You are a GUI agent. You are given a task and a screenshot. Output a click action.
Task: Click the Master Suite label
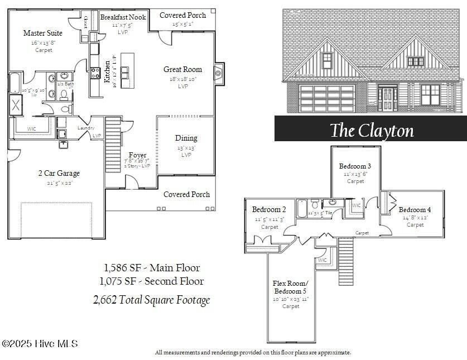click(42, 33)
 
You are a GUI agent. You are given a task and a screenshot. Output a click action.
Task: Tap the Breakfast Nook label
click(123, 17)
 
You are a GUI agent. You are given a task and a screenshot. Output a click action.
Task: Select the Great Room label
click(182, 70)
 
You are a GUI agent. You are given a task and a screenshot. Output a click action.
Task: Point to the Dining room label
click(186, 138)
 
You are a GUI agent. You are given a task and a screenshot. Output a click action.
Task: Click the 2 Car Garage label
click(59, 173)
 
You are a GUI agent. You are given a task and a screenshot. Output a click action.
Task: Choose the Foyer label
click(137, 155)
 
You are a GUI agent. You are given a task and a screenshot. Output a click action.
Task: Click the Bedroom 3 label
click(355, 166)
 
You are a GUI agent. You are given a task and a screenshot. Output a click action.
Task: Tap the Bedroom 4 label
click(415, 210)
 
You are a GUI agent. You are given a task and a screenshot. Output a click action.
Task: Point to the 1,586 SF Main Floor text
click(152, 268)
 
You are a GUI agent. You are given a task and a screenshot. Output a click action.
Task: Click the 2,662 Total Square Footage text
click(151, 300)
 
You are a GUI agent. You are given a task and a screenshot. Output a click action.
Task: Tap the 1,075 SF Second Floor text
click(151, 281)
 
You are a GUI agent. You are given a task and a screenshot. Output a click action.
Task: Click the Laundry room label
click(86, 128)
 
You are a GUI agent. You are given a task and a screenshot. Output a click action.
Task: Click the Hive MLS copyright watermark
click(40, 344)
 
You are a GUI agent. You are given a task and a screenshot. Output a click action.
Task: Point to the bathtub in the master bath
click(14, 83)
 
